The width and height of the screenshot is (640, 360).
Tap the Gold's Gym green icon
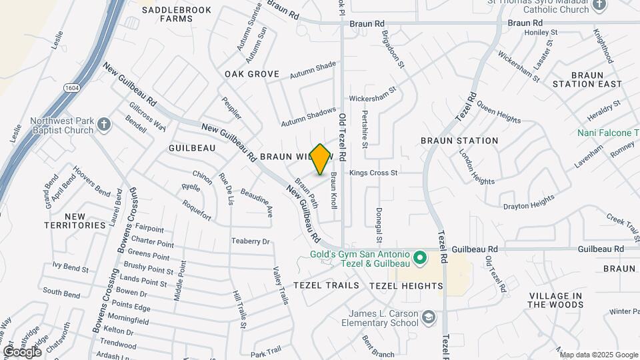419,257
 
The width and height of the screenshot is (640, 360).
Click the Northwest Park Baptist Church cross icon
103,124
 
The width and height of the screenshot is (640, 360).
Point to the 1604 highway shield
72,87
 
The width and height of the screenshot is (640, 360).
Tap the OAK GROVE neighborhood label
251,73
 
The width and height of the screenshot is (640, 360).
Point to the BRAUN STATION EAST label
587,79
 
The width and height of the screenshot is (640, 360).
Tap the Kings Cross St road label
373,173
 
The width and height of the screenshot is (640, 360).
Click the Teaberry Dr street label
250,241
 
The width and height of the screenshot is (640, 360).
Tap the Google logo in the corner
22,351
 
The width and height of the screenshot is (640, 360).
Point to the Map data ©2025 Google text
598,355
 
